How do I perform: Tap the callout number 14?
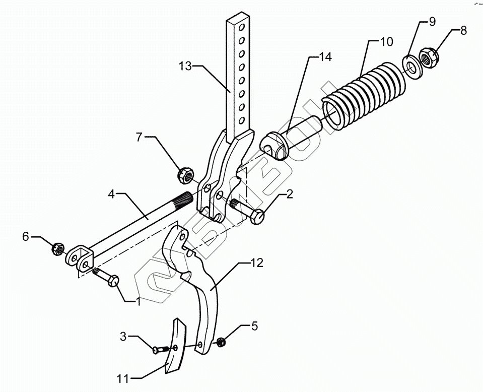pyautogui.click(x=324, y=57)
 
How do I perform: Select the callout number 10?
pyautogui.click(x=386, y=41)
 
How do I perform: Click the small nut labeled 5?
pyautogui.click(x=220, y=343)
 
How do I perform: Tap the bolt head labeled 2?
pyautogui.click(x=256, y=218)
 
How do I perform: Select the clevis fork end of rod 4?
pyautogui.click(x=80, y=255)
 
